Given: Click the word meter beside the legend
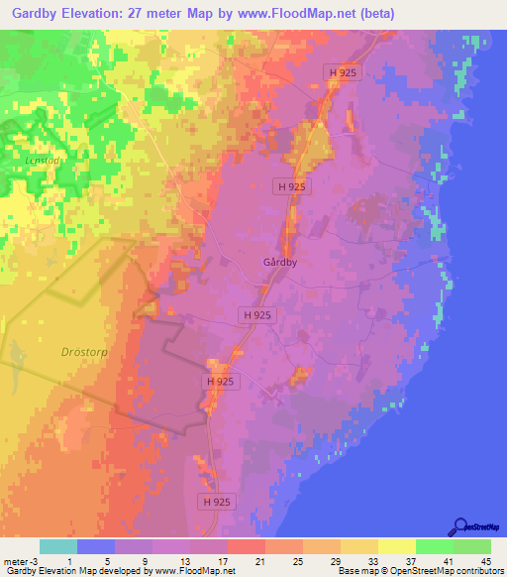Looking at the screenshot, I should tap(13, 561).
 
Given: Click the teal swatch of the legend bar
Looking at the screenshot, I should tap(58, 546).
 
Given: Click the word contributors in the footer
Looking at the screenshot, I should tap(478, 571).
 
